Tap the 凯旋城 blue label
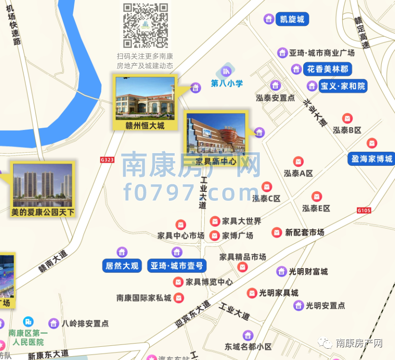click(x=292, y=19)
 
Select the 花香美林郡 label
click(x=328, y=69)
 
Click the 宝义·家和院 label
click(x=343, y=86)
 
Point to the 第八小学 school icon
click(x=226, y=72)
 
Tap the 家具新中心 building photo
click(x=216, y=134)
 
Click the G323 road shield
click(x=107, y=160)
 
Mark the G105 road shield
click(x=364, y=210)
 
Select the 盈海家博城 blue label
click(x=371, y=159)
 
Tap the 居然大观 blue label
click(x=122, y=266)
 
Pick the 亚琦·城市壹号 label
click(x=177, y=266)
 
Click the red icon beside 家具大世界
click(x=215, y=221)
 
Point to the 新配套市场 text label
click(x=305, y=232)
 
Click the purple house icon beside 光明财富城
click(x=281, y=271)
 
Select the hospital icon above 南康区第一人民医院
click(x=28, y=321)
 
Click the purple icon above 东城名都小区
click(x=248, y=335)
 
